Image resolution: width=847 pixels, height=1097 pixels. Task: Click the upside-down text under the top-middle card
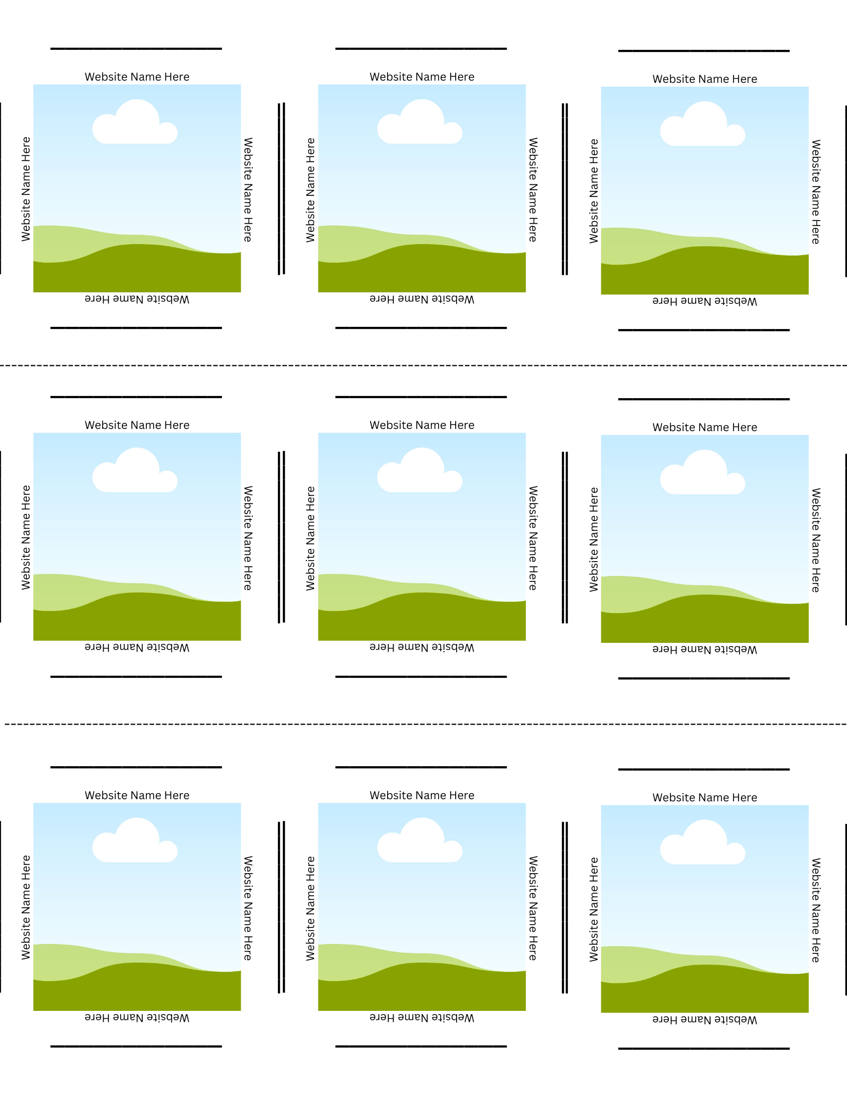422,299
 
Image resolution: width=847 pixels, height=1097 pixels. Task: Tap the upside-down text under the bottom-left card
137,1017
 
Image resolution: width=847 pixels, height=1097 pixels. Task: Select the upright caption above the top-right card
704,79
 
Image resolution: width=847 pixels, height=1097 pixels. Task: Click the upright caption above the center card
422,425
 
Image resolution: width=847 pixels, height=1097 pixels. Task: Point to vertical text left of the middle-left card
26,538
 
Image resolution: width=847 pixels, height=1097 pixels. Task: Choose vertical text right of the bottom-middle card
532,908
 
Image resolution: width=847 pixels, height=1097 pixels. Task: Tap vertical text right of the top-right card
816,191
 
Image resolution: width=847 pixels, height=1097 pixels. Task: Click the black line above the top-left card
136,49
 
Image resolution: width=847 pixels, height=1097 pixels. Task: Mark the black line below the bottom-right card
704,1048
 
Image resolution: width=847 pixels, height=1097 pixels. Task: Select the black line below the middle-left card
136,676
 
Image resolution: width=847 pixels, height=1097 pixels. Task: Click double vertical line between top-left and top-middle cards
281,189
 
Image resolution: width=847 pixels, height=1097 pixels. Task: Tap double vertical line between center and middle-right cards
565,538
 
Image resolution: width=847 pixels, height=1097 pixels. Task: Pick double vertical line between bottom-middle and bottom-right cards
565,907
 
